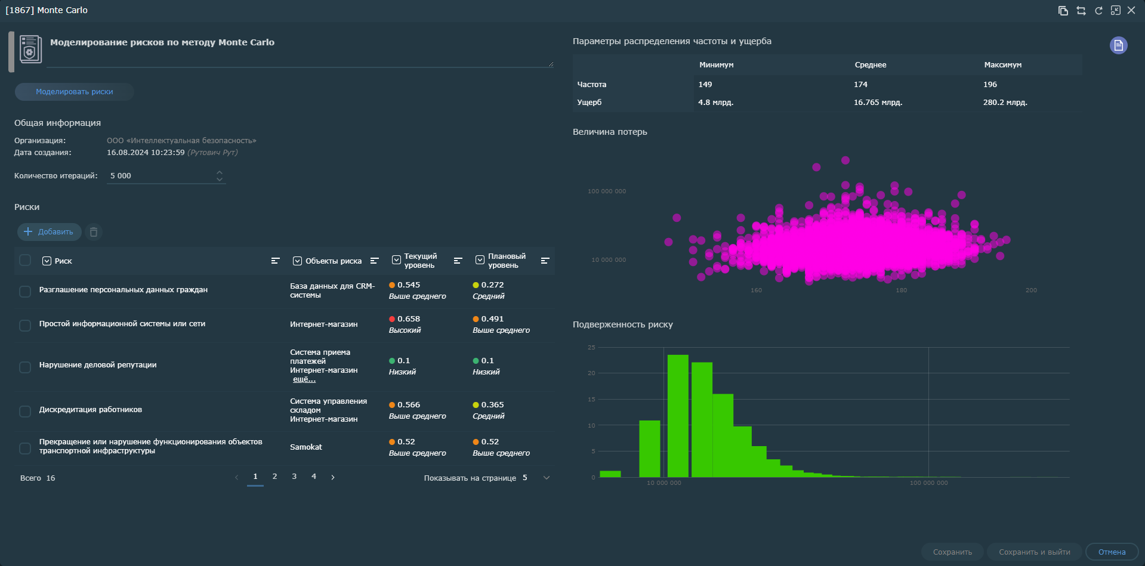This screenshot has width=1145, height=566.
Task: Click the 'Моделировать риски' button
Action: (x=75, y=92)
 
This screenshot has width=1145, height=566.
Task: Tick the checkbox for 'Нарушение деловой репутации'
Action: (x=25, y=367)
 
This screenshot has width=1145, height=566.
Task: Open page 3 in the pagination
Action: (x=294, y=477)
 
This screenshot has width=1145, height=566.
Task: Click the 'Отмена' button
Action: (x=1111, y=552)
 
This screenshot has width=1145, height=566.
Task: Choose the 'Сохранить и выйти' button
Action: (x=1034, y=552)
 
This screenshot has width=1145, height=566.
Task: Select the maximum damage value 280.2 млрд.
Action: (x=1005, y=103)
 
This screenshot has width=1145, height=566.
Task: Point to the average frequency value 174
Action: (x=860, y=85)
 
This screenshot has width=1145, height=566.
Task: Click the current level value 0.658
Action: (x=408, y=319)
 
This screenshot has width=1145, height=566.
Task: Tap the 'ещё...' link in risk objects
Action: (x=304, y=379)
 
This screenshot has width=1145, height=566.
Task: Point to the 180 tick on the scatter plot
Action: (x=901, y=290)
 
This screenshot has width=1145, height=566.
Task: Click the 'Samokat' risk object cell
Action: (x=306, y=447)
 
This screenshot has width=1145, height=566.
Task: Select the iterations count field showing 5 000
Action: (x=161, y=176)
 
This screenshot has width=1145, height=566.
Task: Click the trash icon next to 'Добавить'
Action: (x=94, y=232)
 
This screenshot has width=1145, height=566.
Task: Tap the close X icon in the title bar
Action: (x=1131, y=11)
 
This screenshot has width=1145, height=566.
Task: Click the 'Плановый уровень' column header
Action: (x=507, y=261)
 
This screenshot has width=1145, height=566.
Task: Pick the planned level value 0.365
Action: (x=492, y=405)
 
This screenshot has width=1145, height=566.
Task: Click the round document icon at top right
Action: (x=1118, y=45)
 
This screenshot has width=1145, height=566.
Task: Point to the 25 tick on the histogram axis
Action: (x=591, y=347)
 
